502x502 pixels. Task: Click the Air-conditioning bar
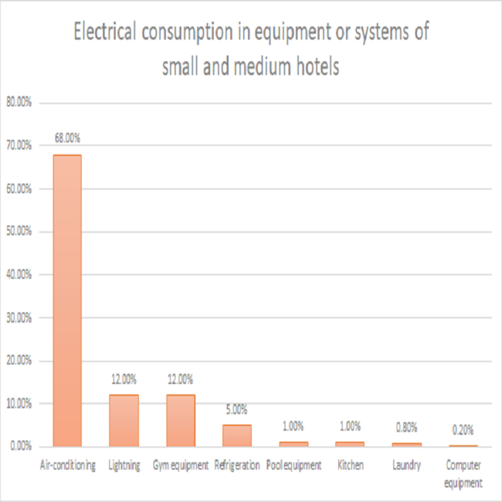[66, 300]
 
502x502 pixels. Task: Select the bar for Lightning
[124, 421]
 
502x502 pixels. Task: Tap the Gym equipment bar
[180, 421]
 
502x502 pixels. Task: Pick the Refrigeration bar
[237, 436]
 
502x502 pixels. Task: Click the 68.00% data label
[66, 138]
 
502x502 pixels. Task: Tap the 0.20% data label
[463, 429]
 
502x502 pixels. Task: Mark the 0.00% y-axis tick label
[19, 446]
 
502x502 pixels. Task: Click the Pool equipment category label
[293, 466]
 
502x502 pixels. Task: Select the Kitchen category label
[350, 466]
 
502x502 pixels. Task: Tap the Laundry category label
[407, 466]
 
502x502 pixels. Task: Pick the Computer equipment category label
[463, 474]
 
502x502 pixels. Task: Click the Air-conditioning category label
[67, 466]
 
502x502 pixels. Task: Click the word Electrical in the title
[104, 33]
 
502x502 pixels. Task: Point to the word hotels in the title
[315, 66]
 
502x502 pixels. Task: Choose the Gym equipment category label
[181, 466]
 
